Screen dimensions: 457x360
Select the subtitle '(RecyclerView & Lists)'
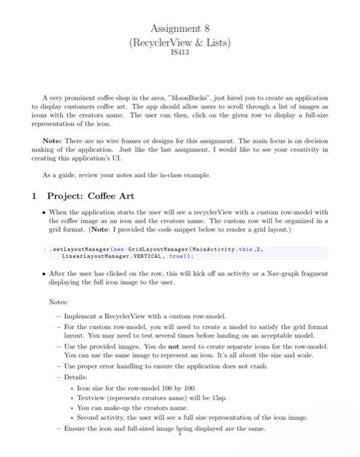180,42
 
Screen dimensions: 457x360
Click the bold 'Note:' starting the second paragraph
52,139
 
